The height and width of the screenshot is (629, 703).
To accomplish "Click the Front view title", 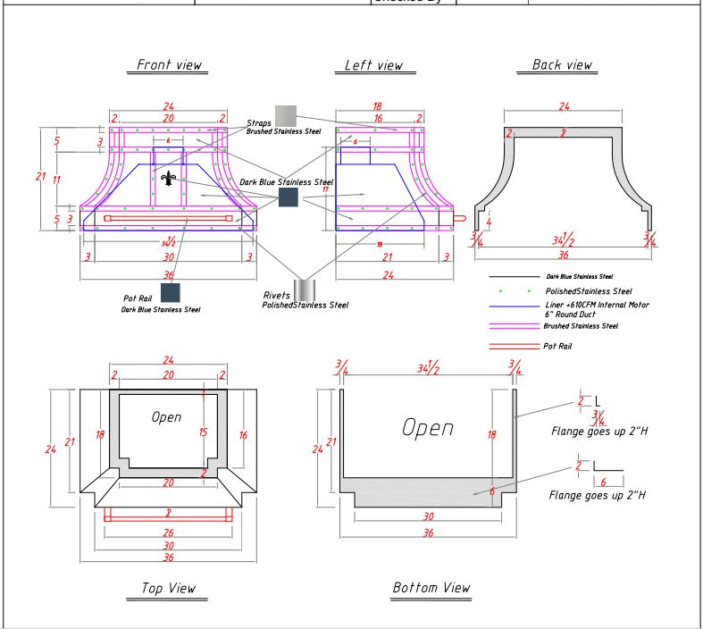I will coord(170,65).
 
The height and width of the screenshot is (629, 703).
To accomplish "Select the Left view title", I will coord(374,65).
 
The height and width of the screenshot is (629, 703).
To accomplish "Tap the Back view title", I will coord(562,64).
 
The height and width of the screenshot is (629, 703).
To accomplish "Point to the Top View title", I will coord(168,588).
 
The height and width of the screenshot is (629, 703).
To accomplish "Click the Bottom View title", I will coord(431,588).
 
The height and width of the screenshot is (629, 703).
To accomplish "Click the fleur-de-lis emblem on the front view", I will coord(167,180).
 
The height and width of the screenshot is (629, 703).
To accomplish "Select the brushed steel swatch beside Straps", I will coord(285,115).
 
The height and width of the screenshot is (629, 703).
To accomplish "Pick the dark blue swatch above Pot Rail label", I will coord(170,292).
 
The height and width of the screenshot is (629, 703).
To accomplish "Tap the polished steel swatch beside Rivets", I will coord(305,289).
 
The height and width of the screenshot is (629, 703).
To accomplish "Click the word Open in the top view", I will coord(166,417).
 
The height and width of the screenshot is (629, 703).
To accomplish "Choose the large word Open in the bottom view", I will coord(427,428).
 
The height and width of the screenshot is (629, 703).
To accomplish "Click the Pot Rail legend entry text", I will coord(557,346).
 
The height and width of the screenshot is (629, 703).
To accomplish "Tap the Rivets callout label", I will coord(277,295).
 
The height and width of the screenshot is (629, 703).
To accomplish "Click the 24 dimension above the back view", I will coord(564,107).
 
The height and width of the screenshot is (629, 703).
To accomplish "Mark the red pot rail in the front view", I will coord(168,218).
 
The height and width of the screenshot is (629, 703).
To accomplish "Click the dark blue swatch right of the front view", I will coord(288,197).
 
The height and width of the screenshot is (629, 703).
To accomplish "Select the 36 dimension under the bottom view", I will coord(428,533).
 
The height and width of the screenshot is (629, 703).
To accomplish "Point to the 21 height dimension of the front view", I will coord(40,177).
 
